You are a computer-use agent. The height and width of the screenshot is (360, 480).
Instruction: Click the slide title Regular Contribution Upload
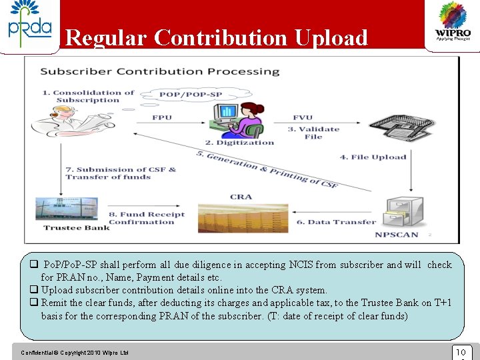[217, 38]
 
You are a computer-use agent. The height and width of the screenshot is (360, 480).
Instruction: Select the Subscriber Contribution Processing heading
[159, 71]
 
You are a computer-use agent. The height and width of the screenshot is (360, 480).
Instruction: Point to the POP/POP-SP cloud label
[181, 94]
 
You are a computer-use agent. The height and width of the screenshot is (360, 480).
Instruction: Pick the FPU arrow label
[161, 118]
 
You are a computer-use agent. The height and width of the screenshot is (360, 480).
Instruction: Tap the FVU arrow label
[302, 118]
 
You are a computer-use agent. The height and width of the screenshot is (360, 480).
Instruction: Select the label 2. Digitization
[239, 142]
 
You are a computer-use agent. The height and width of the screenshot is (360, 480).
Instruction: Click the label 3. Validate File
[313, 133]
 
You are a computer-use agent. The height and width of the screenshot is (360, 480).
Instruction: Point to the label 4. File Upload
[373, 157]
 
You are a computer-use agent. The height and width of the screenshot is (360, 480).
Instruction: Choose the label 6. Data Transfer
[337, 222]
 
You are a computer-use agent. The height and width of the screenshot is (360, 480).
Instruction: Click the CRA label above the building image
[241, 197]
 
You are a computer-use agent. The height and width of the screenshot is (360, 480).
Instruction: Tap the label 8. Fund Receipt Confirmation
[146, 218]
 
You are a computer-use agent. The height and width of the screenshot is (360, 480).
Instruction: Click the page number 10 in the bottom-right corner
[460, 351]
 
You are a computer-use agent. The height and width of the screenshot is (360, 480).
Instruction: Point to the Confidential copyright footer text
[74, 352]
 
